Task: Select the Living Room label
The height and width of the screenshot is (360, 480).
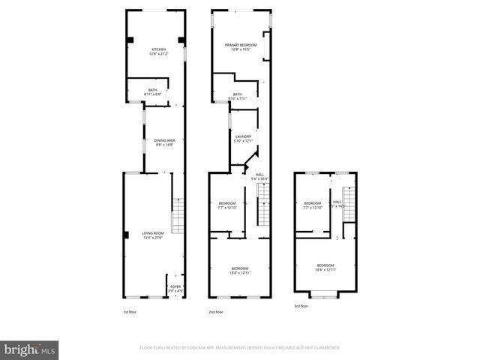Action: click(x=153, y=235)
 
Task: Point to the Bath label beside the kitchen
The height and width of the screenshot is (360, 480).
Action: click(x=152, y=91)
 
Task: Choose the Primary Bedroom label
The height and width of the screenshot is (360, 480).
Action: click(x=241, y=47)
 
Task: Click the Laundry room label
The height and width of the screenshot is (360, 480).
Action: click(x=243, y=138)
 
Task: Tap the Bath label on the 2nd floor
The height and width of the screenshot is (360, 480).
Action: click(x=237, y=96)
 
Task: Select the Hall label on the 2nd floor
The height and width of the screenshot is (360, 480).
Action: click(x=259, y=177)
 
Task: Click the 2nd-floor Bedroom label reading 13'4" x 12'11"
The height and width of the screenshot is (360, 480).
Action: click(x=240, y=270)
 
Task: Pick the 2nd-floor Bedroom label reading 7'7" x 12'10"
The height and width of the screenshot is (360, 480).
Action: click(x=227, y=205)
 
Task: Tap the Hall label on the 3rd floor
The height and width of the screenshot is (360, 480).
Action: click(x=337, y=203)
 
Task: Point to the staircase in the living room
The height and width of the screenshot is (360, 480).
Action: click(x=177, y=216)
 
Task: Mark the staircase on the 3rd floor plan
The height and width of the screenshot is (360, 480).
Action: click(x=349, y=213)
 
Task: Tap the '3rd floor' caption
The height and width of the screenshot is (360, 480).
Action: click(x=301, y=306)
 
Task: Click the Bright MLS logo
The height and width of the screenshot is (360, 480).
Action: click(x=29, y=349)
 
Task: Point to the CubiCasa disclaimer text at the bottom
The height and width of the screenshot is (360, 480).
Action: click(x=240, y=348)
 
